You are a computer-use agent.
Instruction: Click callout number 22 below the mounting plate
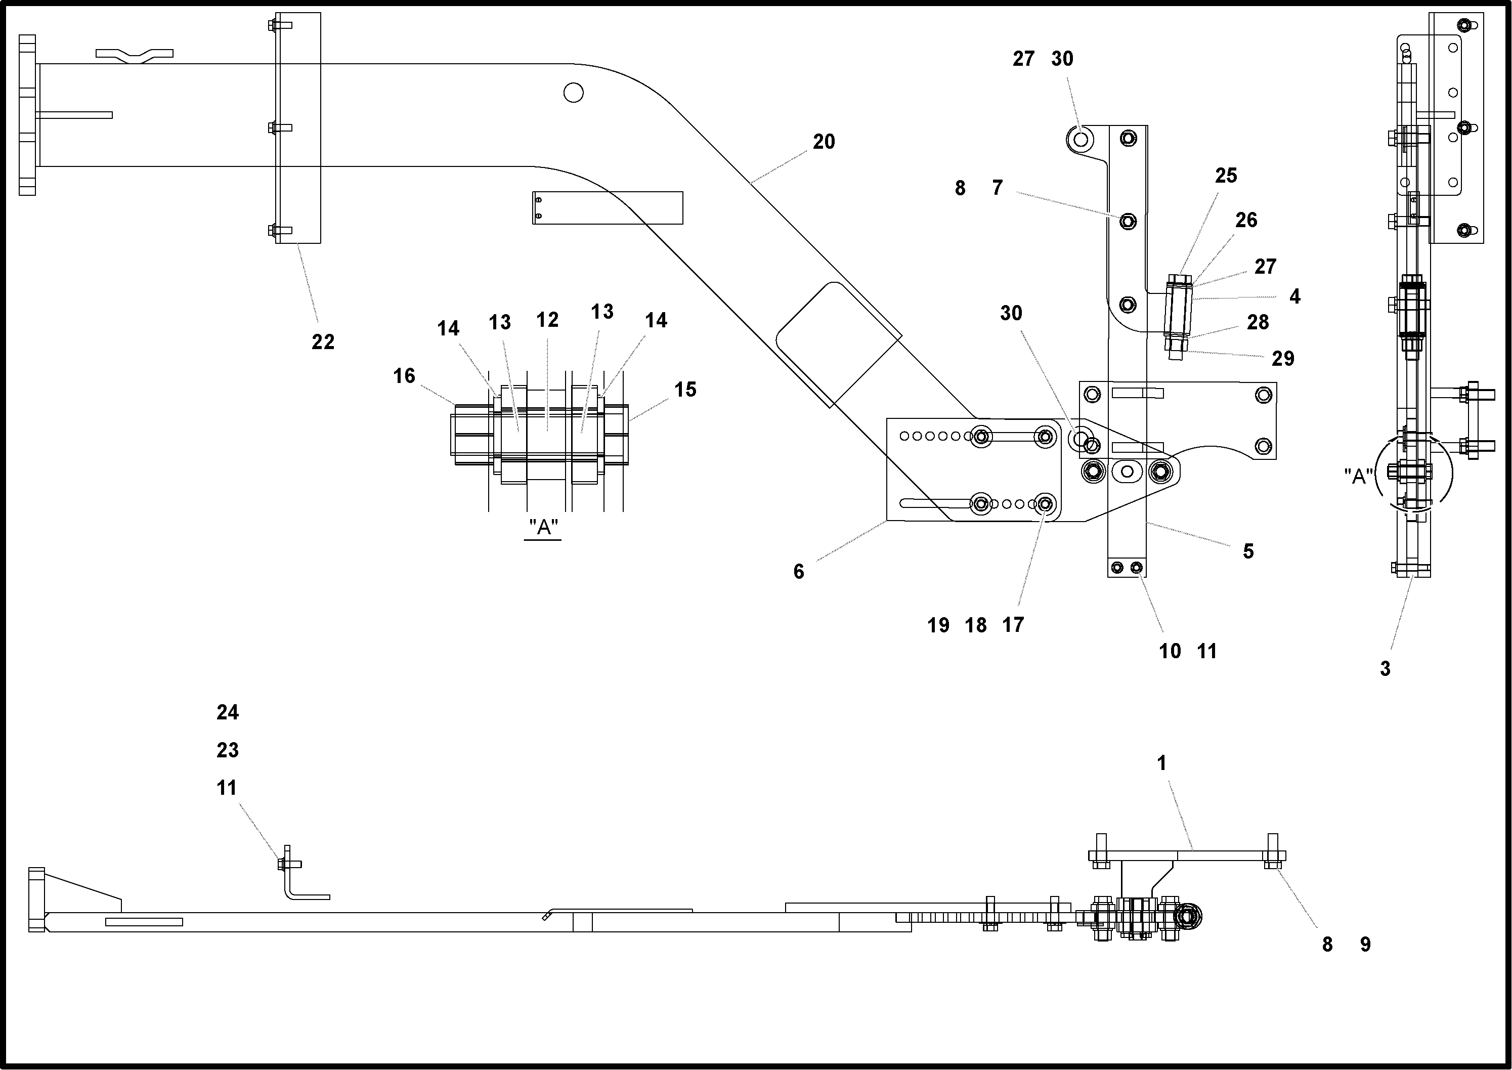[x=323, y=342]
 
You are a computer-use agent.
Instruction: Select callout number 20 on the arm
[x=824, y=142]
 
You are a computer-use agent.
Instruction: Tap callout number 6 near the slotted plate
[x=799, y=572]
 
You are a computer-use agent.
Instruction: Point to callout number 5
[x=1248, y=551]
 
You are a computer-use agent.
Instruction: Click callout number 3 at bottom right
[x=1385, y=669]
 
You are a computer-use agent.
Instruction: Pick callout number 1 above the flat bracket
[x=1161, y=763]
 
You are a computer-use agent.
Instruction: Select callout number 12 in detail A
[x=547, y=320]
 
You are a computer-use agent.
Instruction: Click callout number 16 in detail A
[x=404, y=376]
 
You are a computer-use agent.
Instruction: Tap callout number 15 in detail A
[x=685, y=390]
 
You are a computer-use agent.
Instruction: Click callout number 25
[x=1225, y=176]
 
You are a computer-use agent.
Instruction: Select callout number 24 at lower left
[x=227, y=712]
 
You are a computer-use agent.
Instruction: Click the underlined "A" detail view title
[x=543, y=528]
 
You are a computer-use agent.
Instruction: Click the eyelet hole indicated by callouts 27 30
[x=1080, y=139]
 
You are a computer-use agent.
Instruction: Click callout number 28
[x=1258, y=322]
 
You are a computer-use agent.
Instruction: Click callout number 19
[x=938, y=625]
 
